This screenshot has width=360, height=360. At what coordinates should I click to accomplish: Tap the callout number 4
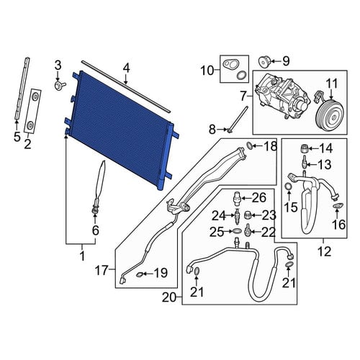[x=127, y=68]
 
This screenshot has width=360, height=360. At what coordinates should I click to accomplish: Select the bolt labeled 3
[x=60, y=85]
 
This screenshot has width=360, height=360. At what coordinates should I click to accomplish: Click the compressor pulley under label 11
[x=329, y=117]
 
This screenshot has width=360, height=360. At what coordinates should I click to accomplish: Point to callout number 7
[x=243, y=96]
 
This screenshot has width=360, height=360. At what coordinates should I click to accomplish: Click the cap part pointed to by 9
[x=264, y=61]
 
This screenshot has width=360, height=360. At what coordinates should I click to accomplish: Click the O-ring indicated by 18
[x=250, y=145]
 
